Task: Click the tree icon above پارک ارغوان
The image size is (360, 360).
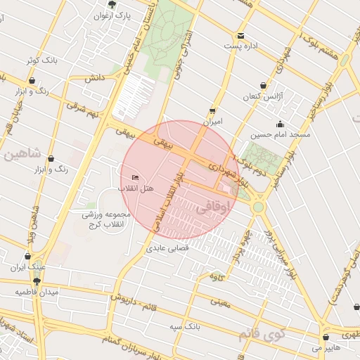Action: pos(103,4)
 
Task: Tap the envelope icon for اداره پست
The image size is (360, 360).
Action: pos(240,36)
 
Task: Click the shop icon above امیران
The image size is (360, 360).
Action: pos(212,111)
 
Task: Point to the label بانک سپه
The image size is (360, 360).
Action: pos(186,328)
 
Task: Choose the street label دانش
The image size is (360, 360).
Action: pos(95,78)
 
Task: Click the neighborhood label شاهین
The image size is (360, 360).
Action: pos(21,153)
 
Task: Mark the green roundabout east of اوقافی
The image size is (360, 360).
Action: pos(258,207)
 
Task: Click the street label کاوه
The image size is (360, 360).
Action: pos(216,276)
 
